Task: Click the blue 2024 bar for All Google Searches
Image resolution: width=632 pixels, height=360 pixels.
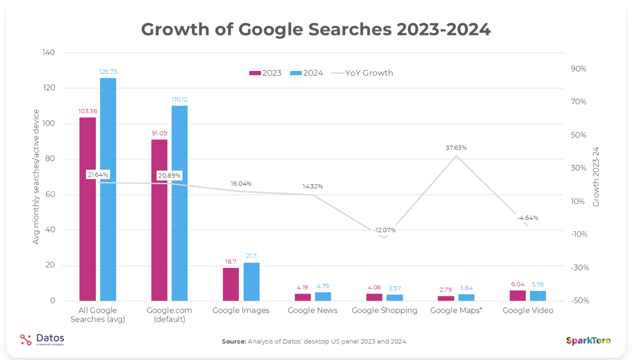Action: coord(108,189)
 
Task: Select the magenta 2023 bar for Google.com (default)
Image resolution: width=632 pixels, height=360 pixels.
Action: coord(159,220)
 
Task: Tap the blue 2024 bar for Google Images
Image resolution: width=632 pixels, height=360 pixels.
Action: coord(251,281)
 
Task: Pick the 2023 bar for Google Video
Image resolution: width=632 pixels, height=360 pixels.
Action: coord(518,296)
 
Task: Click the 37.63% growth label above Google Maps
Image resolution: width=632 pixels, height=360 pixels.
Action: coord(456,148)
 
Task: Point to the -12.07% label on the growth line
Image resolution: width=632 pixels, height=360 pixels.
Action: coord(385,230)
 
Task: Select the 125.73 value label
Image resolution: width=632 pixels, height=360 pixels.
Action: coord(108,72)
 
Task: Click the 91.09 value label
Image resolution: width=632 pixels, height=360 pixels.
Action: coord(159,133)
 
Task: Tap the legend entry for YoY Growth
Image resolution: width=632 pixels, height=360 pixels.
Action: coord(362,73)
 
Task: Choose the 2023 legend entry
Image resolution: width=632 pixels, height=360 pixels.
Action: coord(266,73)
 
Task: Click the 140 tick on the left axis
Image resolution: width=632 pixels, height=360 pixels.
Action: coord(49,52)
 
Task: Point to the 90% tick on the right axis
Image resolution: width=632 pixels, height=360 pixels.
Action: coord(578,69)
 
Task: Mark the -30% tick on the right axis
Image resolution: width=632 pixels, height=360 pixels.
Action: coord(580,267)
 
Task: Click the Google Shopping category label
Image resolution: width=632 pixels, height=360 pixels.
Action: coord(384,310)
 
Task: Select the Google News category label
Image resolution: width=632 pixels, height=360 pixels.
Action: coord(313,310)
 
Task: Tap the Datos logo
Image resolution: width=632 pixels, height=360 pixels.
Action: coord(42,339)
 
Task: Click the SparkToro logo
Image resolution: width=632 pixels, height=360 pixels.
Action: coord(588,341)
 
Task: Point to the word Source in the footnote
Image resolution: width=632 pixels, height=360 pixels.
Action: coord(234,341)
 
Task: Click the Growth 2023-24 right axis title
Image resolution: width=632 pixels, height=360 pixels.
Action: coord(596,177)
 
